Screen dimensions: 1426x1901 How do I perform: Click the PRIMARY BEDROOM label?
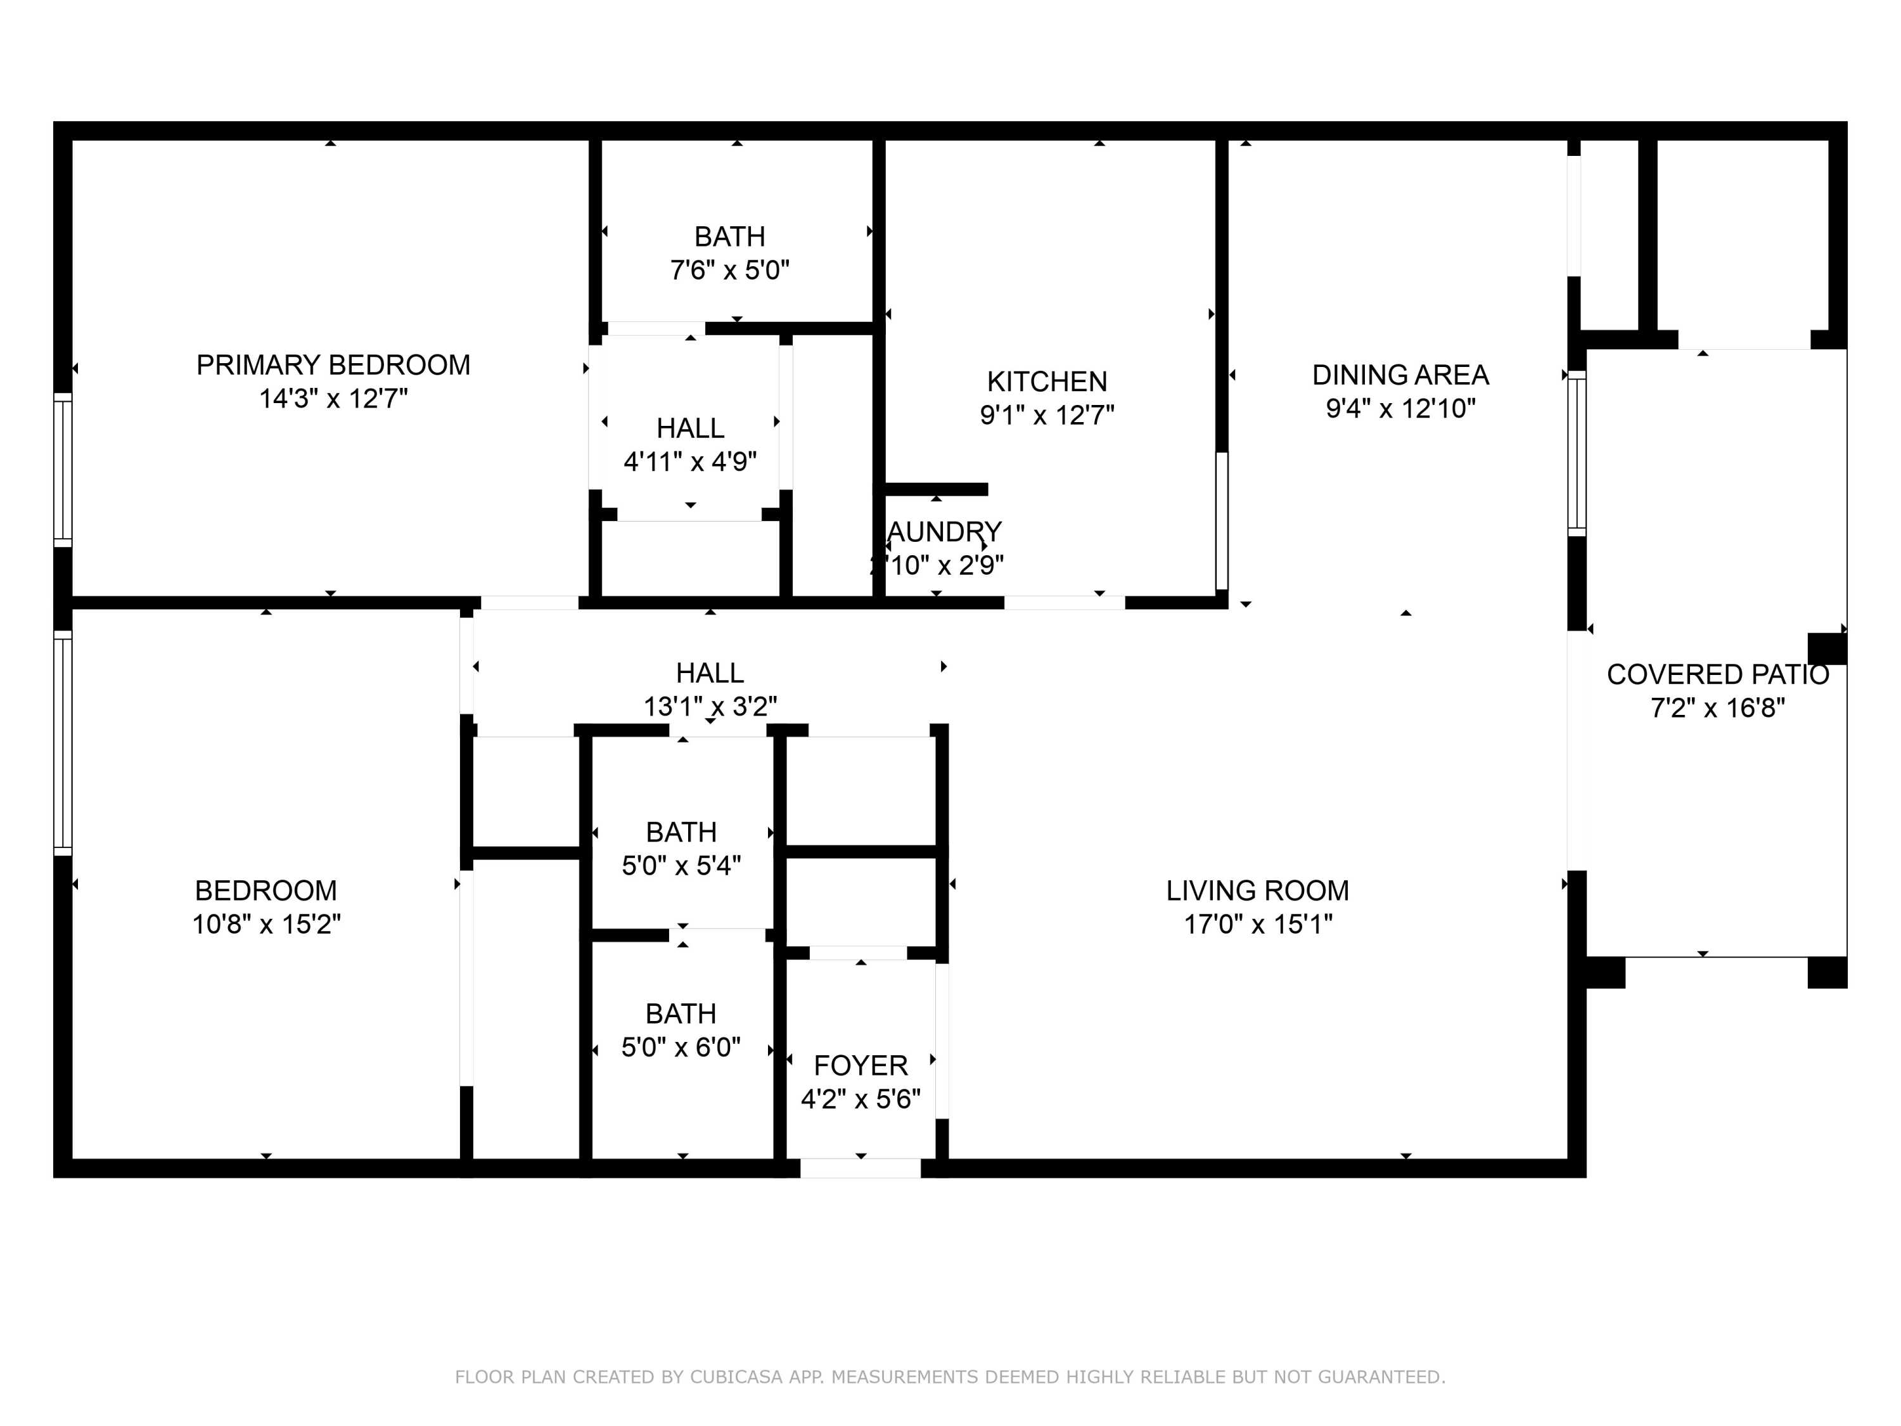(333, 365)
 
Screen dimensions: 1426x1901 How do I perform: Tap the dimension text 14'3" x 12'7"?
(333, 399)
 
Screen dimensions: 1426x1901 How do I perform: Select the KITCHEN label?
(1047, 382)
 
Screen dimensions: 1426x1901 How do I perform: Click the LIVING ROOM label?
(1257, 890)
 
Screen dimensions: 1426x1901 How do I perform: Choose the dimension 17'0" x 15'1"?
(1257, 924)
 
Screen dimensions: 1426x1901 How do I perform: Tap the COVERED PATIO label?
(1717, 675)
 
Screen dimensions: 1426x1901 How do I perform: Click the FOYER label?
(861, 1066)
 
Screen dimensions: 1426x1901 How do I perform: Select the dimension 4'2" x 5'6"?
(861, 1100)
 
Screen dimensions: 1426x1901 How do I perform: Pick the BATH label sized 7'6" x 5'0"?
(729, 236)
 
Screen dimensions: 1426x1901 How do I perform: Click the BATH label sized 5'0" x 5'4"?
(681, 832)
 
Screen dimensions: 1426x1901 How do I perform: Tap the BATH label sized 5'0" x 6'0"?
(681, 1014)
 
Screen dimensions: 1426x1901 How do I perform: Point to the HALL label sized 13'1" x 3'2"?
(710, 673)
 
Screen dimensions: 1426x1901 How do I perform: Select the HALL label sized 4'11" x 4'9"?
(690, 428)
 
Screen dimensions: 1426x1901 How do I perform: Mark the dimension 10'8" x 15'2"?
(266, 924)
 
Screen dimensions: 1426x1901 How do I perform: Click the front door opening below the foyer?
(861, 1168)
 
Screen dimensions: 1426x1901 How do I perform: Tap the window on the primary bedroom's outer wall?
(63, 470)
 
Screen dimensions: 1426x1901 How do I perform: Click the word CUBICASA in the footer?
(736, 1377)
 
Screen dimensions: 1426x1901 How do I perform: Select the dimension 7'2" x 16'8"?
(1717, 709)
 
